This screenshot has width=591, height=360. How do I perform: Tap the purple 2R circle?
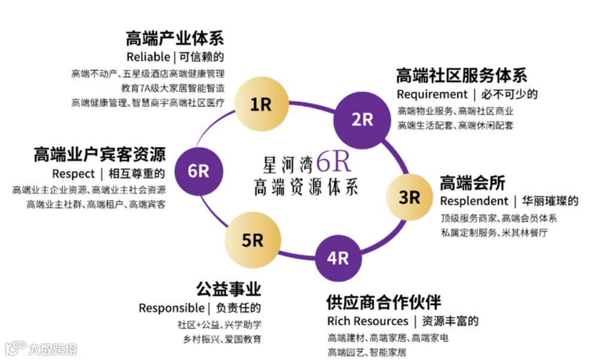361,119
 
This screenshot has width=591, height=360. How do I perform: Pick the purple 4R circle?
338,258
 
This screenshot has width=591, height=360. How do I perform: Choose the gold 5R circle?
252,240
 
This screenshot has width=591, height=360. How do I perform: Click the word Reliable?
148,57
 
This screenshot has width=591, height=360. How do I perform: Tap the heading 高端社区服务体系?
461,76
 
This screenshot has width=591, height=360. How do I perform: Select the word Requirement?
432,94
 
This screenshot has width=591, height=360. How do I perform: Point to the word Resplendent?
473,201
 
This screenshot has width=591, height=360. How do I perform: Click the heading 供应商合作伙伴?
383,302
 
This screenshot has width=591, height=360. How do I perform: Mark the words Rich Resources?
367,321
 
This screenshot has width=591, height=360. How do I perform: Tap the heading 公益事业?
229,289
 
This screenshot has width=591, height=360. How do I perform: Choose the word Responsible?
171,308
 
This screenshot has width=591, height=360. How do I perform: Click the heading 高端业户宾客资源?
99,154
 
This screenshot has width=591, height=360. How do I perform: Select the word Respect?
74,173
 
